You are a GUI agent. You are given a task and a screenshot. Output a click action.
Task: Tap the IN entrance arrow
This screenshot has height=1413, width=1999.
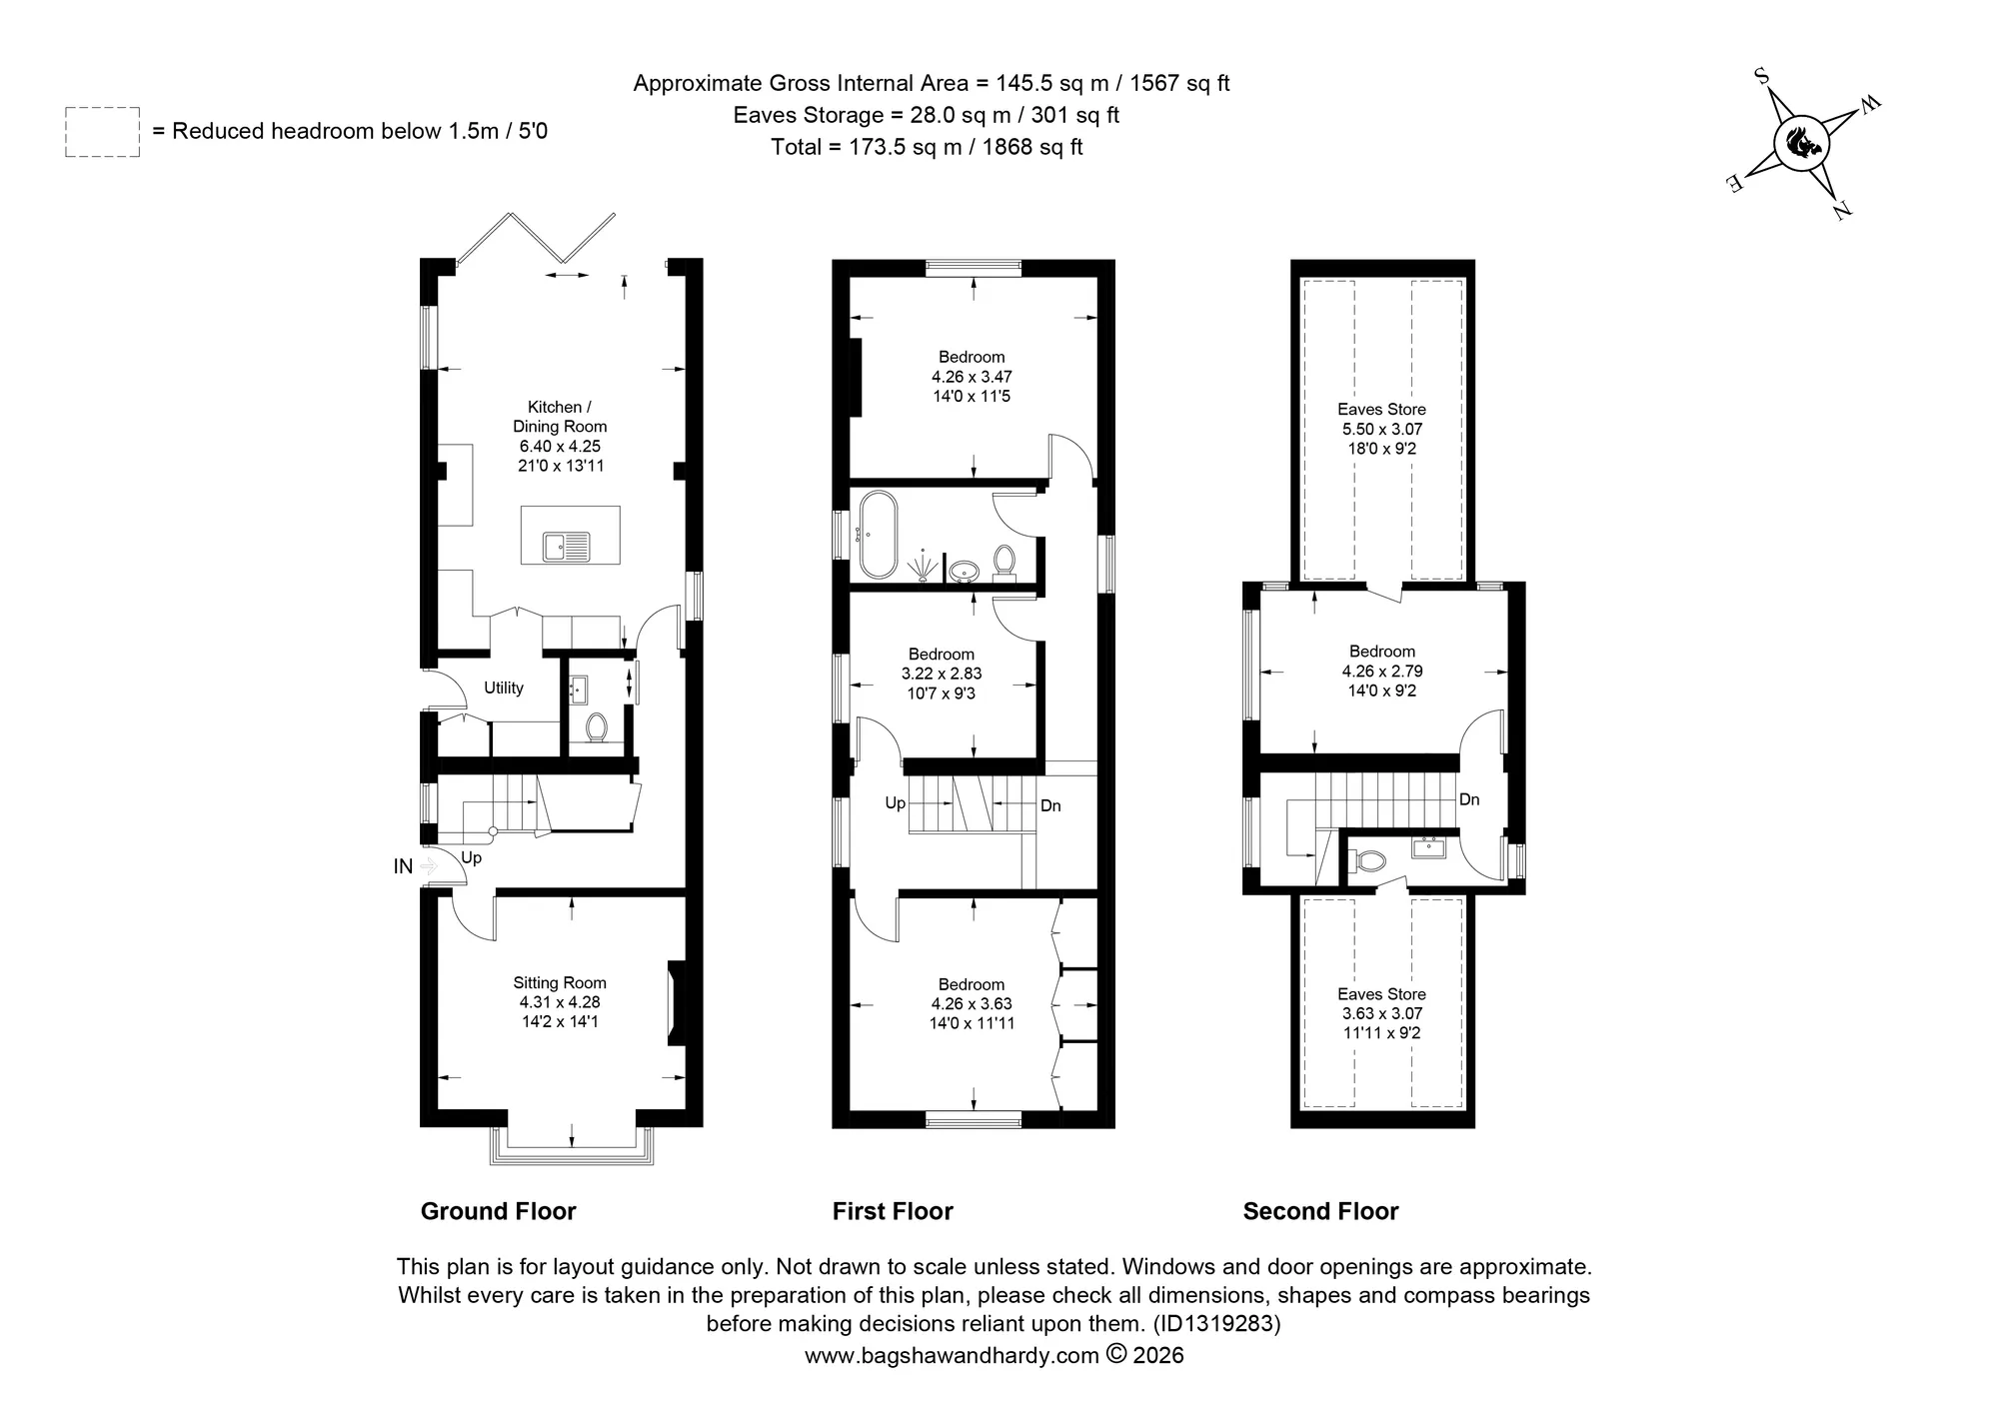428,866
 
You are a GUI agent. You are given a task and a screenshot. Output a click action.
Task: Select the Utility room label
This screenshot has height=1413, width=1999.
504,688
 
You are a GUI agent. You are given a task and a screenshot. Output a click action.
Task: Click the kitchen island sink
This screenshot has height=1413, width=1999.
567,547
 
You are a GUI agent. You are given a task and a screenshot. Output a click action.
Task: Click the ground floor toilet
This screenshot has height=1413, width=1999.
597,727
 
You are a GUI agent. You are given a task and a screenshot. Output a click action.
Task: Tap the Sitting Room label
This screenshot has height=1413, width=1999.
560,983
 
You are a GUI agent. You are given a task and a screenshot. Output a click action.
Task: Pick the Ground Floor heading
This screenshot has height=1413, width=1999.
499,1211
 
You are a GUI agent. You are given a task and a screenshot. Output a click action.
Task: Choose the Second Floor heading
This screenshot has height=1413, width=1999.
1320,1211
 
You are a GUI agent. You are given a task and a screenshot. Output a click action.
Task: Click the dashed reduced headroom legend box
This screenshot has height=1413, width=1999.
103,132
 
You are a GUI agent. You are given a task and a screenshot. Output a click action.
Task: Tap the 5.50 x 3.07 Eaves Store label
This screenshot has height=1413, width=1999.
1382,429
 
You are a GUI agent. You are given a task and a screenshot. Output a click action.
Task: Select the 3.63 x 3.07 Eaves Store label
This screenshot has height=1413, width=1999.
1382,1013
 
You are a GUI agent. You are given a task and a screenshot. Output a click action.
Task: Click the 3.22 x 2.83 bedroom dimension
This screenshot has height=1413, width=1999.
942,675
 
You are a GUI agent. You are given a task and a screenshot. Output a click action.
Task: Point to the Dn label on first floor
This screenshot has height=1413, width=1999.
1050,805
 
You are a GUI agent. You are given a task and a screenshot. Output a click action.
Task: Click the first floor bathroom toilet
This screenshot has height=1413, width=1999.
1004,563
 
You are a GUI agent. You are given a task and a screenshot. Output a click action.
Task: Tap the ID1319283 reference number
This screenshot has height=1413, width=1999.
1216,1324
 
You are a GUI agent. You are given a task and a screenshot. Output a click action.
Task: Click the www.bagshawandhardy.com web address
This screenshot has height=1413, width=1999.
951,1355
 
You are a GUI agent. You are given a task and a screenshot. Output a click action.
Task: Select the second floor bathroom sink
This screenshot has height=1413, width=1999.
1429,847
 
